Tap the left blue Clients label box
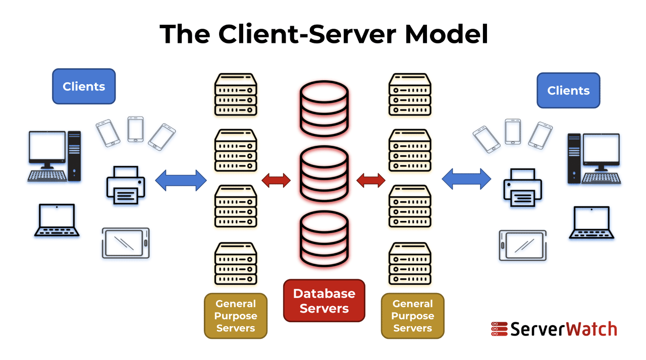[x=84, y=86]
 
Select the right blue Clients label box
[x=568, y=90]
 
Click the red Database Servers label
[x=324, y=301]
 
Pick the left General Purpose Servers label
[x=236, y=316]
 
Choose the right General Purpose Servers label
[x=413, y=316]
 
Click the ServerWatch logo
[x=554, y=329]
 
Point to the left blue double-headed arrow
[x=181, y=181]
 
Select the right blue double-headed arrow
[x=466, y=179]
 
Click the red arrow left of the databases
[x=276, y=181]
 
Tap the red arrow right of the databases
[x=371, y=181]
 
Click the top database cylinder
[x=324, y=108]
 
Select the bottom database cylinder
[x=324, y=239]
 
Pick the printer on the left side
[x=126, y=185]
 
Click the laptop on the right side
[x=591, y=222]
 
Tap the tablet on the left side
[x=126, y=243]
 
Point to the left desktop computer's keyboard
[x=47, y=175]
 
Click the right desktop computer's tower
[x=574, y=158]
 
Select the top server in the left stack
[x=236, y=94]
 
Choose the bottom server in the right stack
[x=410, y=264]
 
